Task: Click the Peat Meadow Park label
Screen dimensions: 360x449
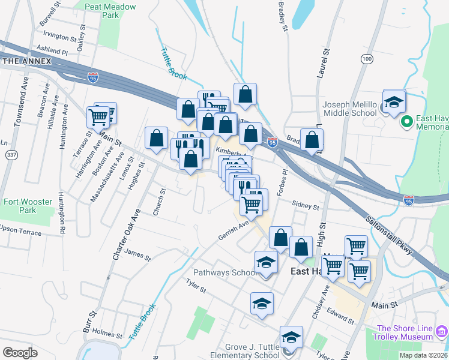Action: point(110,11)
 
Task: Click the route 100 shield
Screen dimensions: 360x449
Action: point(367,59)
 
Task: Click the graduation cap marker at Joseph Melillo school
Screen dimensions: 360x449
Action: point(394,102)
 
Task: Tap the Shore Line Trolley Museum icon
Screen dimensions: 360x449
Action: point(442,330)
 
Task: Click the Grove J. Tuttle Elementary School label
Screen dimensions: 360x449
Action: point(252,351)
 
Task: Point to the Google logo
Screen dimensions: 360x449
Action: point(20,352)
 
